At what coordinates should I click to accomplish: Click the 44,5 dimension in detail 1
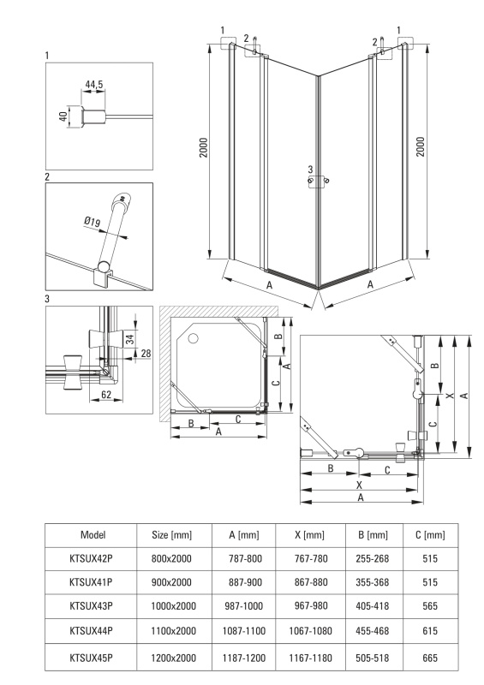94,85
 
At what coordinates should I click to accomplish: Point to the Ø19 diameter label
92,222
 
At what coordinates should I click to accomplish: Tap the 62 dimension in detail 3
106,395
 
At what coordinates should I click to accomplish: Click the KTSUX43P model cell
91,606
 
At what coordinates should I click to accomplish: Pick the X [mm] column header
309,534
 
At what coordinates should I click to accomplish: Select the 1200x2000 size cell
173,658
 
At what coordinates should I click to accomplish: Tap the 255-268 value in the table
373,558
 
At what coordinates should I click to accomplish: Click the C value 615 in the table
430,631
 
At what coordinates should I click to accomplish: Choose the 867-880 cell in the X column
311,582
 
